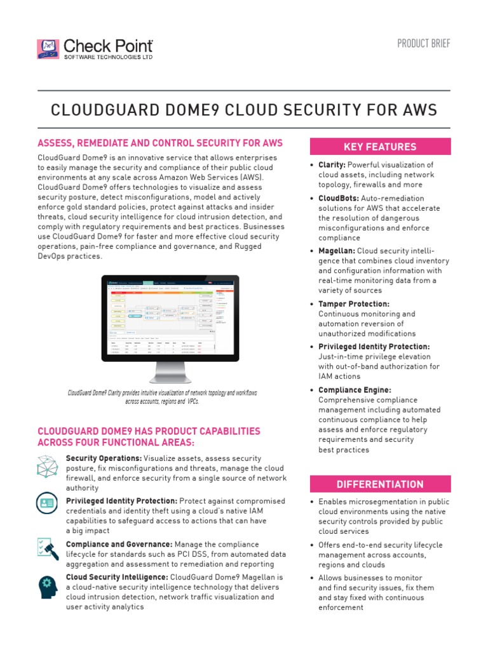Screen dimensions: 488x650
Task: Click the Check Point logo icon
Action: point(48,50)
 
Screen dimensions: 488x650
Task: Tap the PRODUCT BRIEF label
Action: point(424,43)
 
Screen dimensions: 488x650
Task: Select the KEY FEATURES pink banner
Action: point(380,147)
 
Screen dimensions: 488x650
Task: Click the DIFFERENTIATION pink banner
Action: point(380,484)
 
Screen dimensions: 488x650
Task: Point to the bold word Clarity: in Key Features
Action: point(332,165)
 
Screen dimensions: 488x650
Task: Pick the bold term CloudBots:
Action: point(339,198)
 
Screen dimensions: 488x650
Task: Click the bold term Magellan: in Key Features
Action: point(337,251)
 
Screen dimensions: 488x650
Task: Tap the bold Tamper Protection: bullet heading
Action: point(354,304)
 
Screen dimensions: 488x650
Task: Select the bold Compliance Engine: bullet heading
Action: point(355,390)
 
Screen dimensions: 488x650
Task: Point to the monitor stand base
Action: point(170,379)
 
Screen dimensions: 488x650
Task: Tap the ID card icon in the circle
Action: point(48,505)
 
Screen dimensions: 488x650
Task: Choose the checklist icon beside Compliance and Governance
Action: point(48,548)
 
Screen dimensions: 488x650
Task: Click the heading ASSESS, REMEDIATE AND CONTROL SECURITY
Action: point(160,143)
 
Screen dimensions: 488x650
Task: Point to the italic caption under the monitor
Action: point(163,397)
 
